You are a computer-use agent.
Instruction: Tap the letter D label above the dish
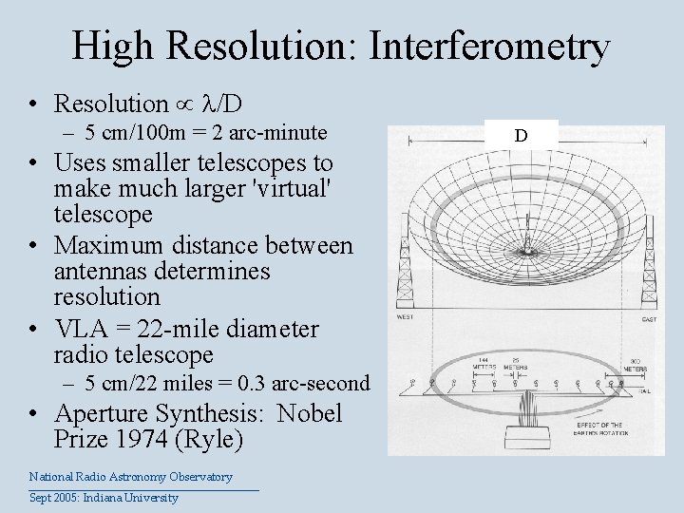pyautogui.click(x=521, y=135)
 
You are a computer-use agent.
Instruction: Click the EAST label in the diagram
pyautogui.click(x=649, y=319)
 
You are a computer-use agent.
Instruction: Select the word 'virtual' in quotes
pyautogui.click(x=285, y=189)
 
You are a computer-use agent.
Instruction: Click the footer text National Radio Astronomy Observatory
pyautogui.click(x=130, y=477)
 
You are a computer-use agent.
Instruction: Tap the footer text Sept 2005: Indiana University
pyautogui.click(x=104, y=498)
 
